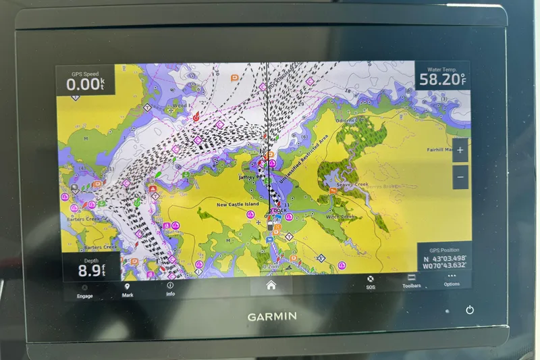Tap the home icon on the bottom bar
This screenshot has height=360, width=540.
271,285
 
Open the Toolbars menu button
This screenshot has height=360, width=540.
411,280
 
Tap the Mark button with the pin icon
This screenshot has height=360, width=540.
128,289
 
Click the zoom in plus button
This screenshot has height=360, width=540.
460,151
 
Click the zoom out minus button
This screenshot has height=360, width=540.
460,177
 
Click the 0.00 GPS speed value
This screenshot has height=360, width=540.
84,84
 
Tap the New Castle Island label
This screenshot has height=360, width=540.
238,204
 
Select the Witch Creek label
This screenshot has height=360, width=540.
340,217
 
